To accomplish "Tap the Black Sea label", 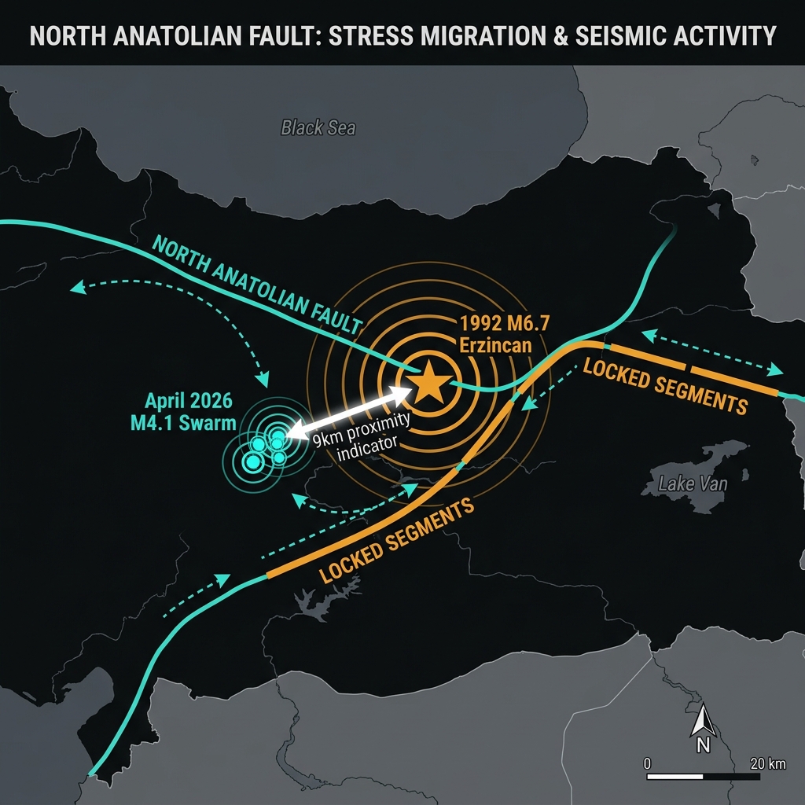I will (318, 127).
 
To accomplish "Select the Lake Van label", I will (693, 483).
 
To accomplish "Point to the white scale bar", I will (703, 777).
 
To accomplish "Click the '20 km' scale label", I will (767, 763).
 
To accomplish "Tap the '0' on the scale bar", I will (647, 763).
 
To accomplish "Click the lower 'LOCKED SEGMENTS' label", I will (397, 541).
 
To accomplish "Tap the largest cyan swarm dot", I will (254, 462).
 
